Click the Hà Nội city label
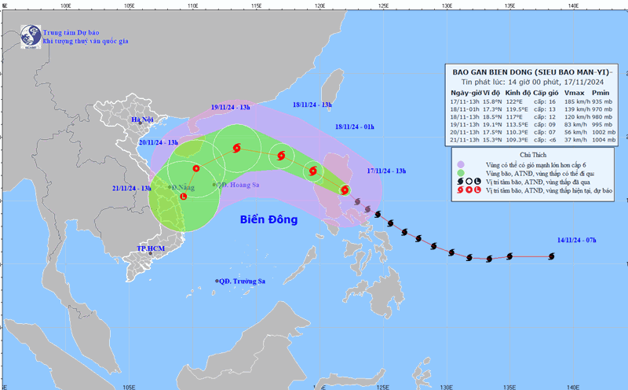[x=143, y=120]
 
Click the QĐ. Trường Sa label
[x=245, y=281]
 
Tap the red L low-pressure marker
[x=183, y=197]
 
